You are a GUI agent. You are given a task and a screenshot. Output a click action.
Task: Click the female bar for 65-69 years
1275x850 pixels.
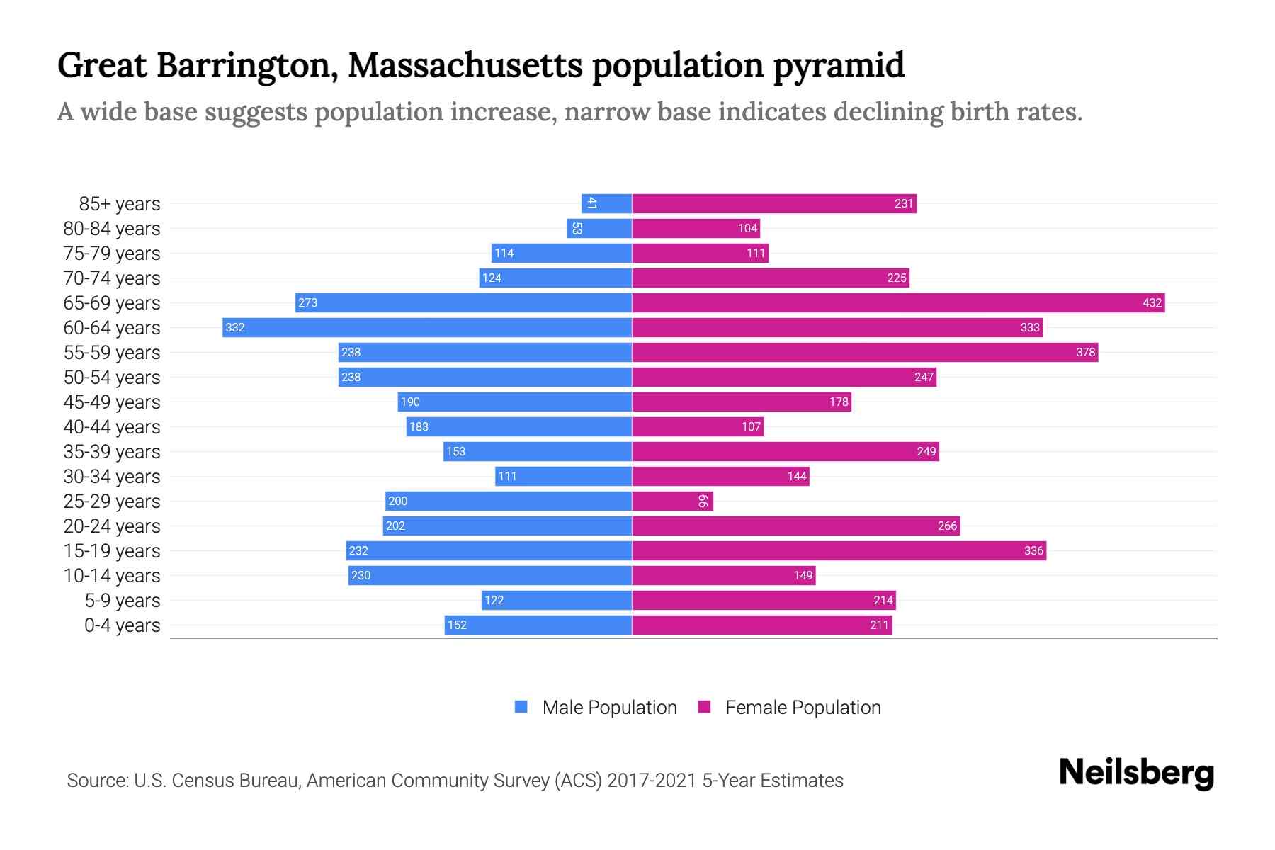[x=898, y=303]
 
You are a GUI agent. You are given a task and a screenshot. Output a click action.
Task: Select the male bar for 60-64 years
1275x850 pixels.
[x=427, y=328]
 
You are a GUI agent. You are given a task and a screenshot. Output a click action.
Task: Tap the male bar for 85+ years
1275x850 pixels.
[x=606, y=204]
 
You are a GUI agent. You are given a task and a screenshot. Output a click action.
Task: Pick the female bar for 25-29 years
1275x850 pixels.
[x=672, y=501]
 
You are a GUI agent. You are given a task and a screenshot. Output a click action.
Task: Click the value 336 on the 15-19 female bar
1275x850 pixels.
[x=1033, y=551]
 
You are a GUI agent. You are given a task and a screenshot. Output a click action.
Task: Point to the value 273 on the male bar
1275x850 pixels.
[x=307, y=303]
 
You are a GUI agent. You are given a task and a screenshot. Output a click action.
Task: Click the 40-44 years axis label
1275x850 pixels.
[x=112, y=427]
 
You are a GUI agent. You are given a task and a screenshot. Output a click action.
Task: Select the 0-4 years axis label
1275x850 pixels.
[x=122, y=625]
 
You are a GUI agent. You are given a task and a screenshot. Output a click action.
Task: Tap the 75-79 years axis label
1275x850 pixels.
[x=112, y=254]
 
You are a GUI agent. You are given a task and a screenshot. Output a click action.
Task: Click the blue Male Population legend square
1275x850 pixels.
[x=521, y=707]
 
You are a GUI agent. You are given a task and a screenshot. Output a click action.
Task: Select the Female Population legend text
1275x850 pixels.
[x=803, y=708]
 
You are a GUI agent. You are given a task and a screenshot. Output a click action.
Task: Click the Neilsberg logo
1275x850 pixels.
[x=1136, y=773]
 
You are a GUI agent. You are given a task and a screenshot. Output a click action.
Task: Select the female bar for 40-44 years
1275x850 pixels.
[x=698, y=427]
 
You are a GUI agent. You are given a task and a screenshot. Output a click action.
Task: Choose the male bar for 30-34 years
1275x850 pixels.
[x=563, y=477]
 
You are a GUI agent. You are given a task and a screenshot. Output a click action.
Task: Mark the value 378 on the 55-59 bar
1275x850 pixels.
[x=1085, y=353]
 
